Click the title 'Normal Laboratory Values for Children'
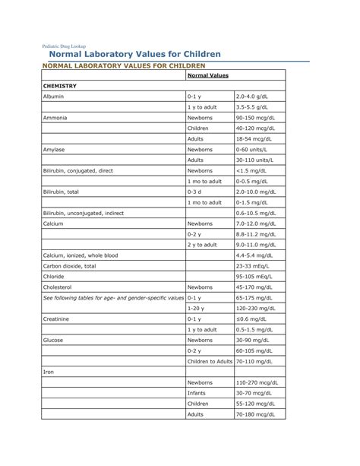pos(135,55)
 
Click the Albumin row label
pos(54,97)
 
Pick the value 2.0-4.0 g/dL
pos(252,97)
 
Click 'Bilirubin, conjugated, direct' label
pos(78,171)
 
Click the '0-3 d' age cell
pos(195,192)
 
